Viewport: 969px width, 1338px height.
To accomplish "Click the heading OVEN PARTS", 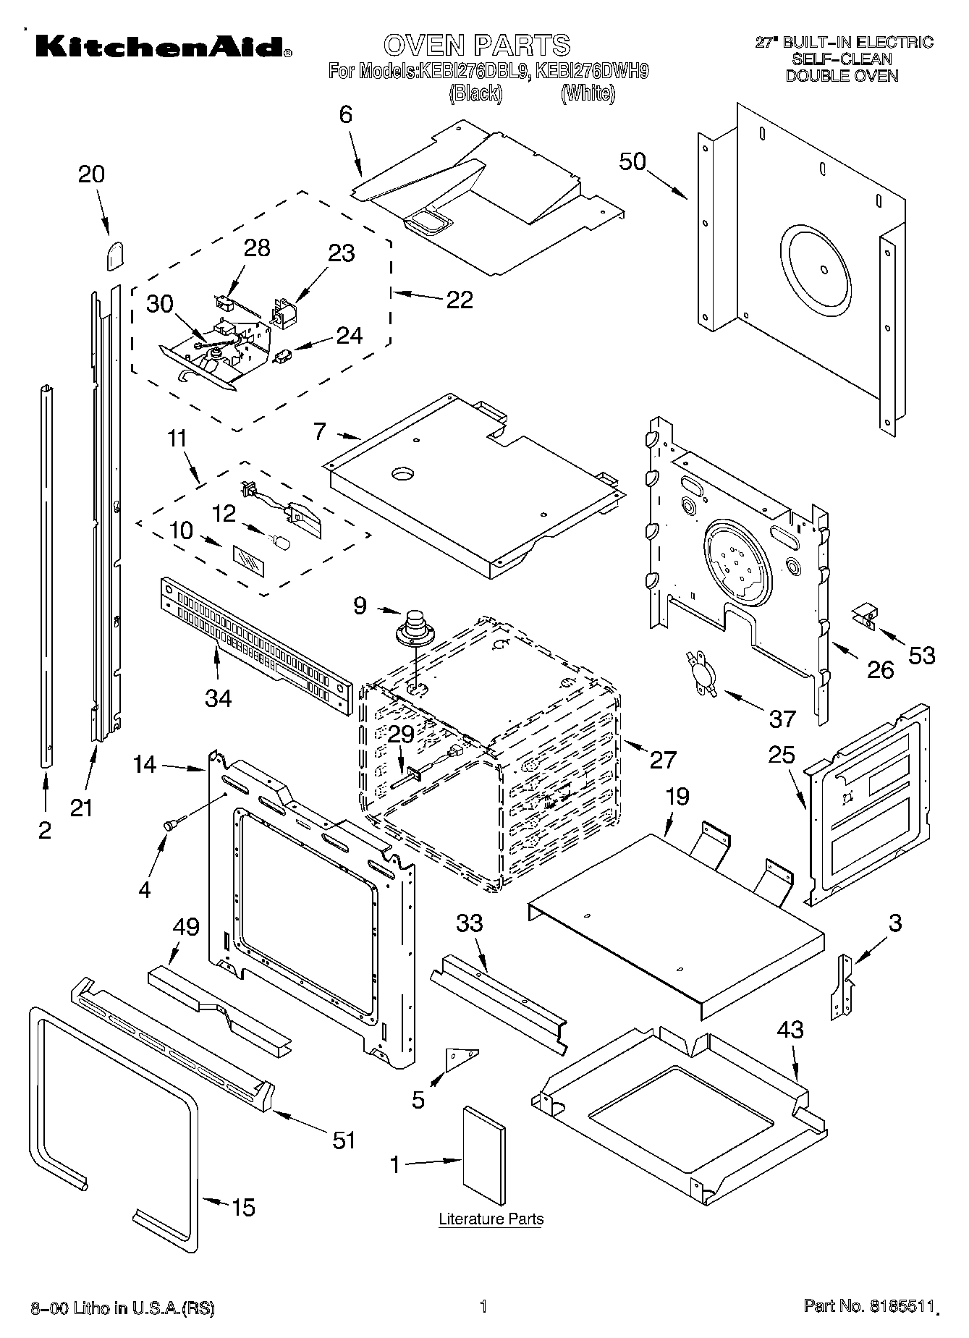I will (x=477, y=45).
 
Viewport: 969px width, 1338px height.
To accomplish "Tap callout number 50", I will (x=632, y=161).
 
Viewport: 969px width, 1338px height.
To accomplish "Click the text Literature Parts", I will (x=491, y=1219).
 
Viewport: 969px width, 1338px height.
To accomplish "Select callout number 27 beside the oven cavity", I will (x=662, y=759).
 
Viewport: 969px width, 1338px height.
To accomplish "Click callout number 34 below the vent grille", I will (x=218, y=698).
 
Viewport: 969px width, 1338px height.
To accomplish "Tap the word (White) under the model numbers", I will (x=588, y=93).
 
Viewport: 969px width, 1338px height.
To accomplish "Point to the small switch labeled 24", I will (x=284, y=356).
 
